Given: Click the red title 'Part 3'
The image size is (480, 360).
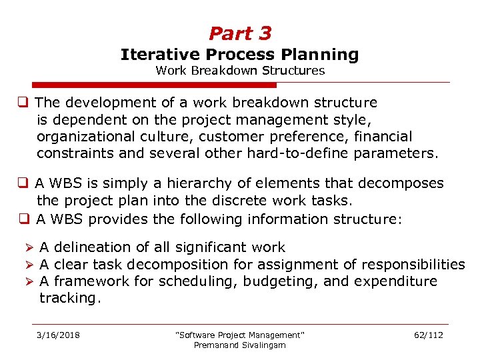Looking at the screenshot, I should point(240,33).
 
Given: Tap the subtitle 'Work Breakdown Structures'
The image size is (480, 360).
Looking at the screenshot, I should point(240,70).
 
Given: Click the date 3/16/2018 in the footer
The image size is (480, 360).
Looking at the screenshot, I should point(58,335).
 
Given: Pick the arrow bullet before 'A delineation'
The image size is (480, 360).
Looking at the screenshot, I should point(30,248).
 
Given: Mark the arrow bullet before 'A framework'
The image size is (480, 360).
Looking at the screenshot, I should point(30,282).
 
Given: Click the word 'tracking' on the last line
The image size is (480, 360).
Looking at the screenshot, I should point(68,298).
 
